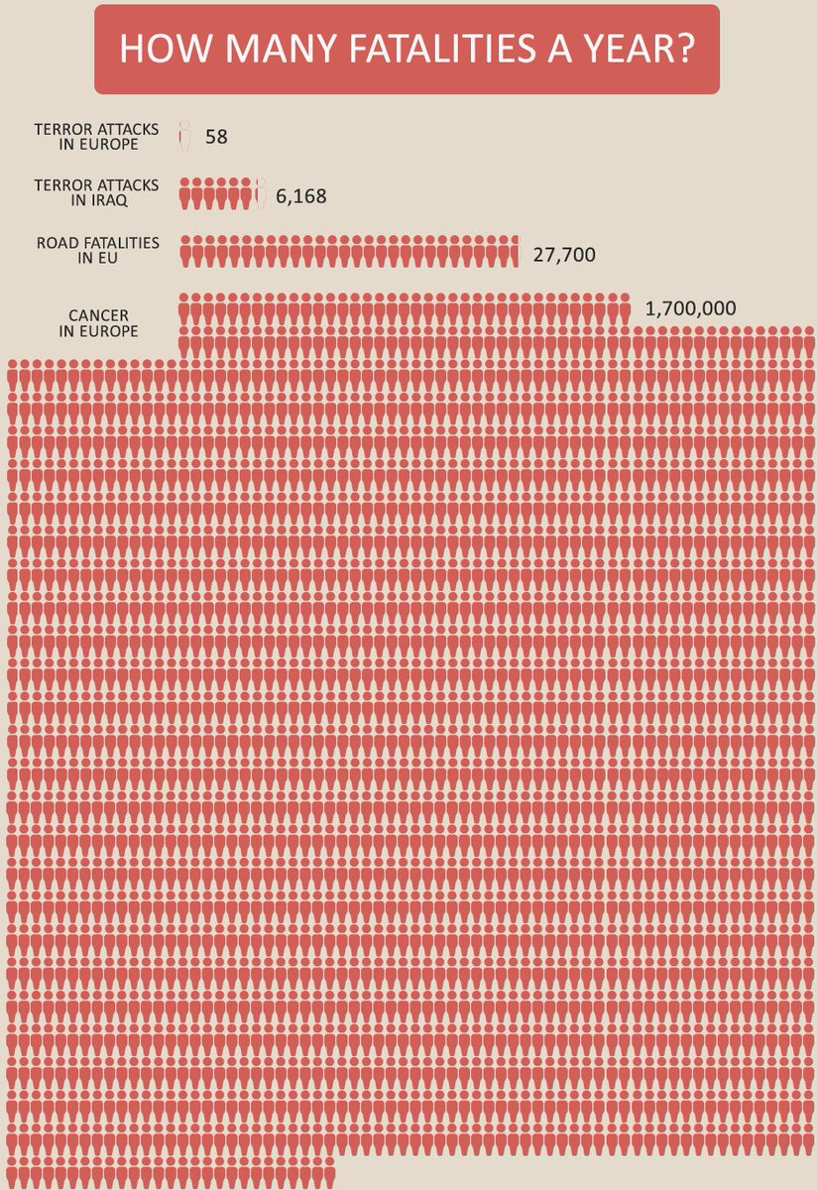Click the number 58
[216, 137]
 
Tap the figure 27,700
[563, 255]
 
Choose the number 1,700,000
[690, 308]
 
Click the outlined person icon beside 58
[183, 136]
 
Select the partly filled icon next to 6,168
[261, 193]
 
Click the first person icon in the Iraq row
[184, 193]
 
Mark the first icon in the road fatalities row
[184, 252]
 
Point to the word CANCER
[98, 316]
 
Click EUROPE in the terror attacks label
[113, 144]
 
